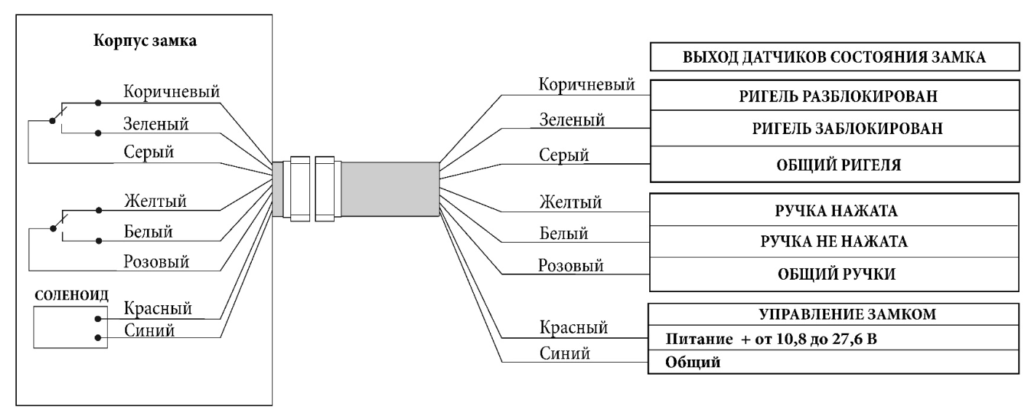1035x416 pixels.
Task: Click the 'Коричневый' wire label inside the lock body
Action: [171, 93]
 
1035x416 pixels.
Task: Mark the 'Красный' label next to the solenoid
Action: [158, 309]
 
